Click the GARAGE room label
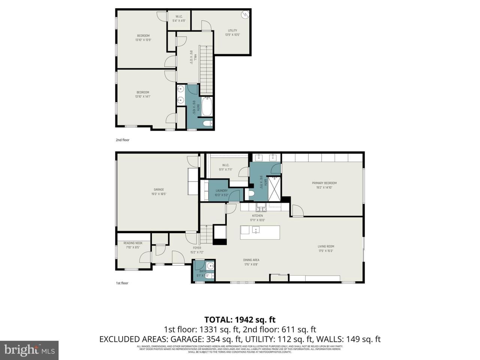[x=159, y=190]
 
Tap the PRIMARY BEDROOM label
[x=322, y=183]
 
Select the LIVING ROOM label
[x=325, y=246]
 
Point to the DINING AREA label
[x=251, y=260]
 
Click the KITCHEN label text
[x=257, y=216]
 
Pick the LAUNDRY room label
[x=222, y=190]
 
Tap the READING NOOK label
[x=133, y=243]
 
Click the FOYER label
[x=197, y=248]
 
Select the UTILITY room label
[x=232, y=31]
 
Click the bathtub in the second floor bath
[x=207, y=106]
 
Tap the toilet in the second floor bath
[x=207, y=123]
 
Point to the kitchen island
[x=260, y=232]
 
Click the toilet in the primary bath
[x=251, y=194]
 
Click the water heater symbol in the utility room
[x=245, y=15]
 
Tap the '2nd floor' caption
[x=122, y=140]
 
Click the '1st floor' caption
[x=122, y=283]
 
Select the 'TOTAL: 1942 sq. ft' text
[x=240, y=319]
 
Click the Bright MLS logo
[x=29, y=350]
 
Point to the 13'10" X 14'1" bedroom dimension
[x=142, y=96]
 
